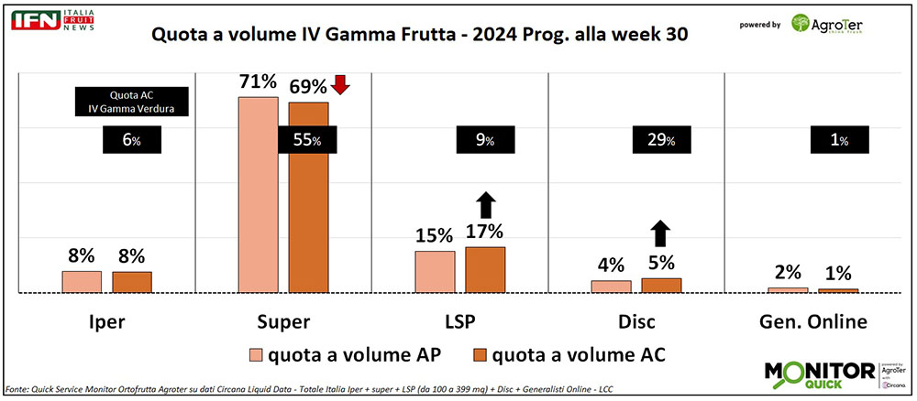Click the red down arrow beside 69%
[x=340, y=85]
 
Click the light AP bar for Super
[x=259, y=194]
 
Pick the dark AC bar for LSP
[x=485, y=269]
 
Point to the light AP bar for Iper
[x=82, y=281]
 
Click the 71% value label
[x=258, y=81]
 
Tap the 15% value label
[x=435, y=235]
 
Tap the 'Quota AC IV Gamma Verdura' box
[x=130, y=101]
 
